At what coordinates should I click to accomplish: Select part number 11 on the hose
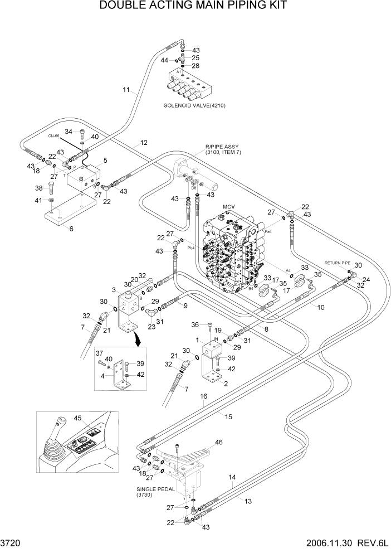[126, 89]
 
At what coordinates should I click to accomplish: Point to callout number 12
[144, 143]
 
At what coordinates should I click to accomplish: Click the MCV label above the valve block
[229, 207]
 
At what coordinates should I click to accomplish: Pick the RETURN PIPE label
[337, 261]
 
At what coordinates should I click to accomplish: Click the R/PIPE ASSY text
[218, 147]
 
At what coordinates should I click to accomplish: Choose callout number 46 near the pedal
[218, 442]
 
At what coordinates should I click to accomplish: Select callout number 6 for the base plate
[70, 228]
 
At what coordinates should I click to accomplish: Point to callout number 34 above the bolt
[69, 132]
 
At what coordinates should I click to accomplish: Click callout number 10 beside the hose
[321, 307]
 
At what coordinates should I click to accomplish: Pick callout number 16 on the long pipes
[204, 396]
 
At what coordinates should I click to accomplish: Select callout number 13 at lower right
[248, 501]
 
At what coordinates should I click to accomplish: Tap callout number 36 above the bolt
[195, 325]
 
